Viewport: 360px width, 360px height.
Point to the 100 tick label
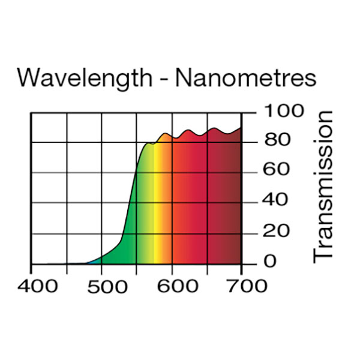coord(277,111)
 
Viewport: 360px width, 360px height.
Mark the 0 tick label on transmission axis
coord(271,262)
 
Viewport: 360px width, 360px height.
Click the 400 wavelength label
coord(38,286)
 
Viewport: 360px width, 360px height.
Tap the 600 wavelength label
coord(173,286)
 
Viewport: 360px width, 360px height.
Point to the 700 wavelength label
coord(242,286)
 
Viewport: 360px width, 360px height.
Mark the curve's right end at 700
coord(241,128)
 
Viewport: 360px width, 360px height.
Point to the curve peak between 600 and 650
coord(189,130)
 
